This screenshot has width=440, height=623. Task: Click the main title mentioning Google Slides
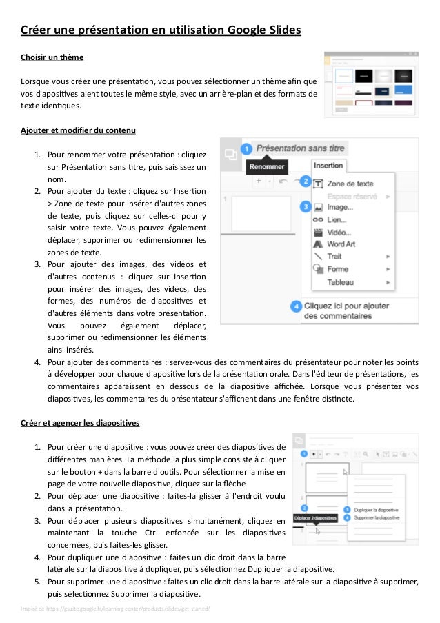[x=159, y=30]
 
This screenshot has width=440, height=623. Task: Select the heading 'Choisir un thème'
[x=52, y=57]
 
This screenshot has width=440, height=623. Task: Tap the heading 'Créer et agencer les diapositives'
[x=80, y=422]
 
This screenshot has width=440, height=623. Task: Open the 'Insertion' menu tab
[x=328, y=166]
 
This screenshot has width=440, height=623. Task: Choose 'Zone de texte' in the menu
[x=350, y=184]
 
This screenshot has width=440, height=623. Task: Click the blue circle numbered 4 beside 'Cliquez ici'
[x=296, y=306]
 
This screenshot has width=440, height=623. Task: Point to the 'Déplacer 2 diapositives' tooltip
[x=314, y=517]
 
